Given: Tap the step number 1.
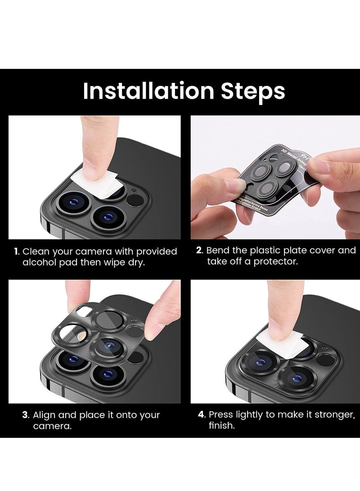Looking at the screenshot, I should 16,251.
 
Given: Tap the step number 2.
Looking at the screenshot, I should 199,250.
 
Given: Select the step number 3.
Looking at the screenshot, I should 25,415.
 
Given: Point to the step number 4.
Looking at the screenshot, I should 202,414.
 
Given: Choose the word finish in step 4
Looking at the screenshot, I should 221,426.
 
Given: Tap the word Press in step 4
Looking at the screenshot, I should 221,414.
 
